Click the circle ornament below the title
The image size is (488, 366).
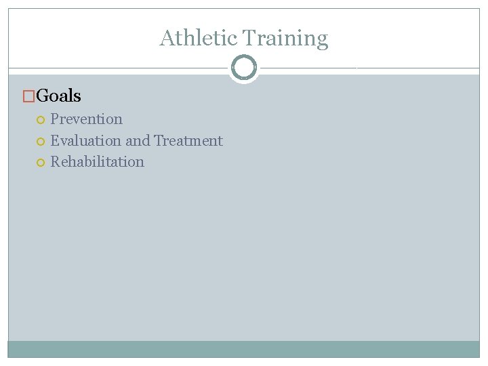[244, 68]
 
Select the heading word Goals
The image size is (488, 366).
[58, 96]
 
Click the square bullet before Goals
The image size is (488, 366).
[28, 97]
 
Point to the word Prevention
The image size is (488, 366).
[86, 119]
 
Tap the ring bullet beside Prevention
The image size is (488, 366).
[41, 120]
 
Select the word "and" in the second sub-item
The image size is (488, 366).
[138, 141]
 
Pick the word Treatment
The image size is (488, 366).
[188, 141]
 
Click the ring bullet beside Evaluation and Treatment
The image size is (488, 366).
[41, 142]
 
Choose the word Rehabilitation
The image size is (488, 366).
[97, 162]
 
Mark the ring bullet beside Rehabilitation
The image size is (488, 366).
[41, 163]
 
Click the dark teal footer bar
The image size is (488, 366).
[244, 349]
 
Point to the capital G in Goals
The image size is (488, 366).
[41, 96]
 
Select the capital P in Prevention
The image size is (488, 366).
[54, 119]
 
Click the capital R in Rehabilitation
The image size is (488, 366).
[55, 162]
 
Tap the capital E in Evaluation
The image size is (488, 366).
[54, 141]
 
